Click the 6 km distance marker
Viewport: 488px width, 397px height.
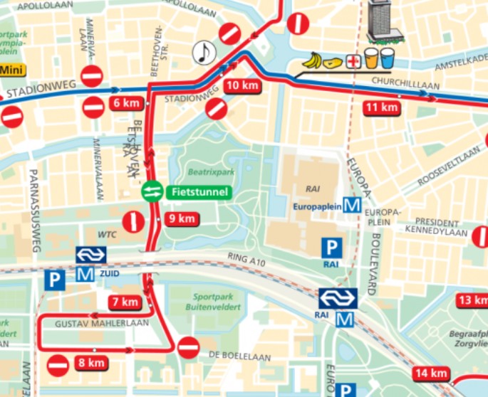pos(127,103)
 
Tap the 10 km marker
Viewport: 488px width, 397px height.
pos(241,86)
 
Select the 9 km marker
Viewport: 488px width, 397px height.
pos(182,219)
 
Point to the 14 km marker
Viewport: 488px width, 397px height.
pos(430,374)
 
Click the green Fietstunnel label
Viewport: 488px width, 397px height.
pos(199,191)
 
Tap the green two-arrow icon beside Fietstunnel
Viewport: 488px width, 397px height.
pos(152,191)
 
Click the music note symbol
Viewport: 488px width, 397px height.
pos(204,52)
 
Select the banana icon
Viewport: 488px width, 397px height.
pos(311,61)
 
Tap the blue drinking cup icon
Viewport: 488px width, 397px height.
pos(387,58)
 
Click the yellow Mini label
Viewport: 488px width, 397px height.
pos(11,70)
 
